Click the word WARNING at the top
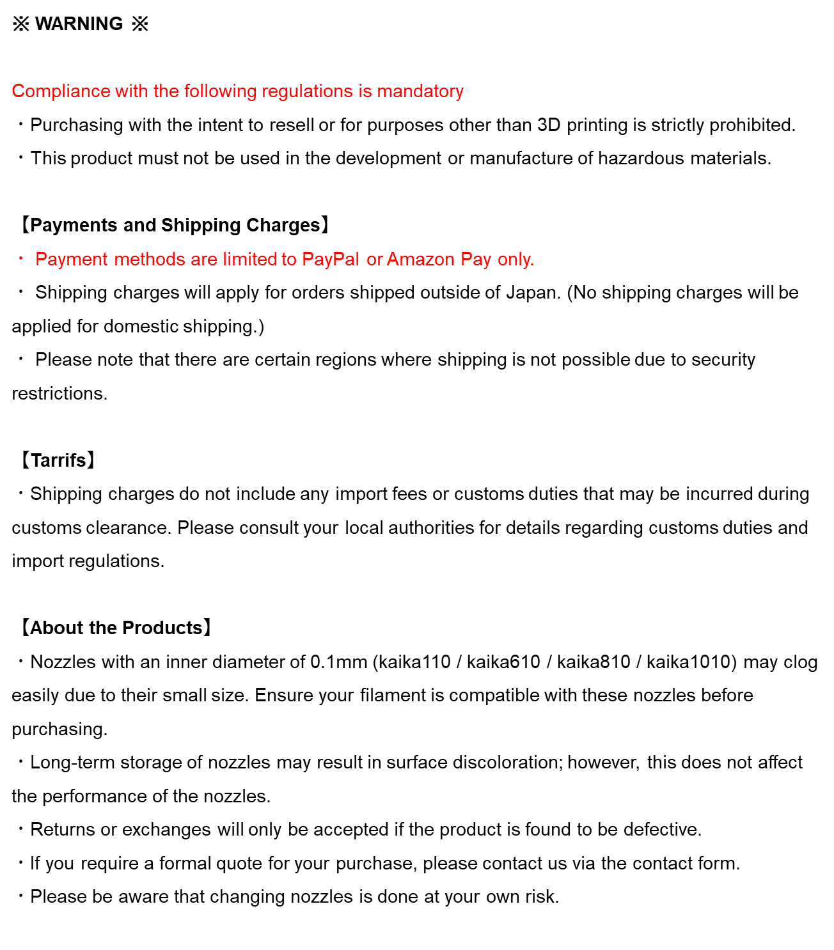pyautogui.click(x=79, y=24)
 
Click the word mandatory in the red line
pyautogui.click(x=420, y=91)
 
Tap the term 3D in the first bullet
pyautogui.click(x=549, y=125)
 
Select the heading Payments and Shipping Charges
pyautogui.click(x=175, y=225)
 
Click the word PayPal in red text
pyautogui.click(x=331, y=259)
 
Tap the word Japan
pyautogui.click(x=533, y=293)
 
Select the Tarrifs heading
pyautogui.click(x=58, y=460)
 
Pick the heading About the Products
pyautogui.click(x=116, y=628)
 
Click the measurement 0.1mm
pyautogui.click(x=339, y=662)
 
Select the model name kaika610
pyautogui.click(x=503, y=662)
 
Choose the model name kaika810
pyautogui.click(x=594, y=662)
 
